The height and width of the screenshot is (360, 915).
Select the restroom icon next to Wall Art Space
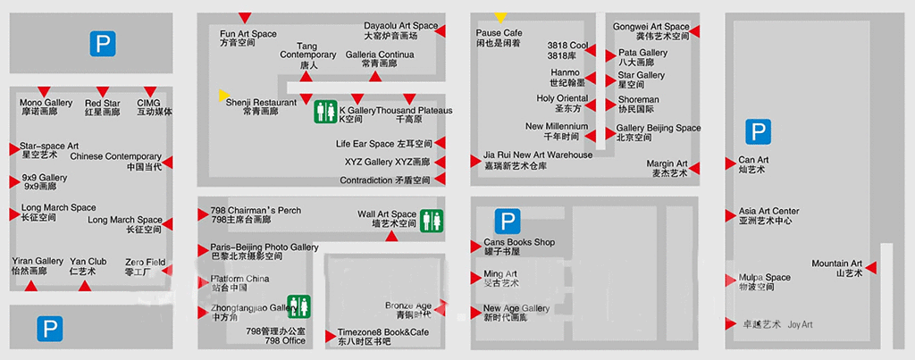(432, 220)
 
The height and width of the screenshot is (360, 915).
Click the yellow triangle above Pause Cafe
(500, 17)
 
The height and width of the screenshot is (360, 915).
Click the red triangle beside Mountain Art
(870, 268)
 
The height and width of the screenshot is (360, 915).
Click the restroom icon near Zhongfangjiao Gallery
(298, 306)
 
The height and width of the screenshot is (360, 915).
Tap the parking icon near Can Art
(759, 133)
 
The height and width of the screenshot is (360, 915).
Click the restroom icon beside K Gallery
(325, 112)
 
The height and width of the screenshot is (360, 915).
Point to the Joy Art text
(801, 324)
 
